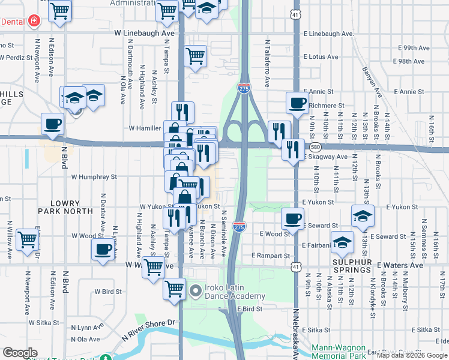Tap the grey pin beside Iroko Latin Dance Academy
195,292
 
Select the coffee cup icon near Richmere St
297,103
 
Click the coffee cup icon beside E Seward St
292,218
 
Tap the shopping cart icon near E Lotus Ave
196,56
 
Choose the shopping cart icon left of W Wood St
27,239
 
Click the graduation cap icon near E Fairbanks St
342,242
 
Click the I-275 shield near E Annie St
244,88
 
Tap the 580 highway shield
315,147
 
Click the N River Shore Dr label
149,326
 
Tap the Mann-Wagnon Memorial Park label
346,351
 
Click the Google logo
20,353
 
